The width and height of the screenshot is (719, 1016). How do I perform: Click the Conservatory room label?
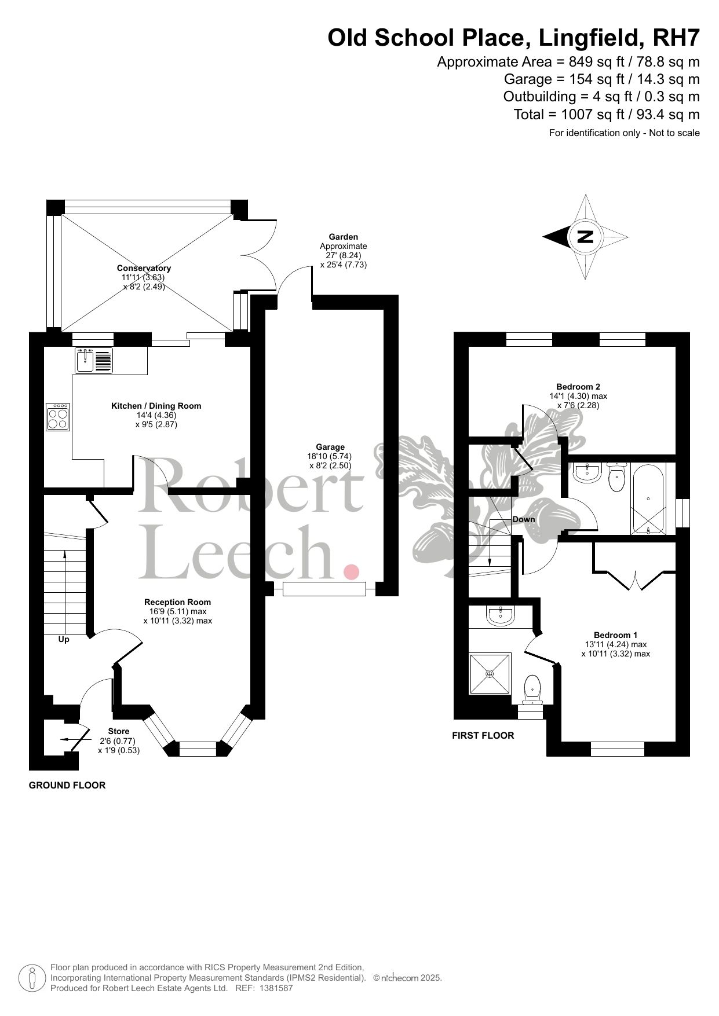click(x=144, y=268)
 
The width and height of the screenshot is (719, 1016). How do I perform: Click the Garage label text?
click(x=330, y=447)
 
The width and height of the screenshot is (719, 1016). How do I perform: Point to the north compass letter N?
click(x=586, y=237)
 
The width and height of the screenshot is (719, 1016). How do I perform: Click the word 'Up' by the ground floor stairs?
click(x=64, y=640)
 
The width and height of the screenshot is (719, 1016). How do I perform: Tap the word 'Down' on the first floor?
click(x=524, y=519)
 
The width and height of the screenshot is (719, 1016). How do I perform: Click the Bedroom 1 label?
click(x=615, y=634)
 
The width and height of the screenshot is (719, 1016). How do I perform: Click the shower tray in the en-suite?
click(x=490, y=674)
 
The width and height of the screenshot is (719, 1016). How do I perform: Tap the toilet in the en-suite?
click(x=532, y=690)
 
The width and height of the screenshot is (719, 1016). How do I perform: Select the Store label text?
click(x=119, y=731)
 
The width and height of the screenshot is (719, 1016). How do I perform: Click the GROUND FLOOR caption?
click(x=67, y=786)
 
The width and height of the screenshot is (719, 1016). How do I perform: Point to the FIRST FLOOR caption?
click(x=483, y=736)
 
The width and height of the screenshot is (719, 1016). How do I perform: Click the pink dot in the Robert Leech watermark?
click(x=351, y=572)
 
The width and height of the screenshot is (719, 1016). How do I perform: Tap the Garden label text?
click(x=344, y=237)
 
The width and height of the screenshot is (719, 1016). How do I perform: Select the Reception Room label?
click(x=178, y=602)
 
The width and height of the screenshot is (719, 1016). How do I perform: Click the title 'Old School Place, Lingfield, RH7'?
click(x=514, y=38)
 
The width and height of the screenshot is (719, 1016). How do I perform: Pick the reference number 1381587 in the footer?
click(x=277, y=989)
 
